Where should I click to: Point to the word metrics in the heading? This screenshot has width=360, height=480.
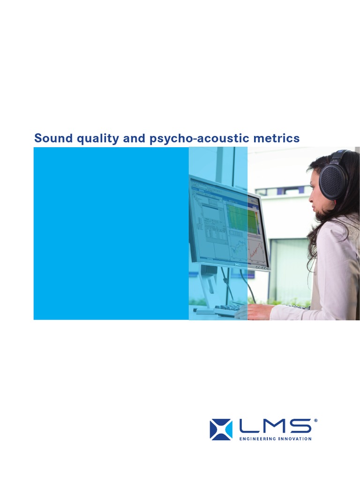[x=277, y=138]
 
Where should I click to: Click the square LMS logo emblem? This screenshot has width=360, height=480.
[x=221, y=429]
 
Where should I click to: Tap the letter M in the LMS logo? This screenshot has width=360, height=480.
[x=275, y=426]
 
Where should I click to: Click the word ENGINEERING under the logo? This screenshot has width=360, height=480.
[x=257, y=439]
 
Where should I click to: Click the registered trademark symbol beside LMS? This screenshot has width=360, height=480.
[x=315, y=420]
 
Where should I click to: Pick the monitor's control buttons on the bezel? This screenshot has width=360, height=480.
[x=263, y=269]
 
